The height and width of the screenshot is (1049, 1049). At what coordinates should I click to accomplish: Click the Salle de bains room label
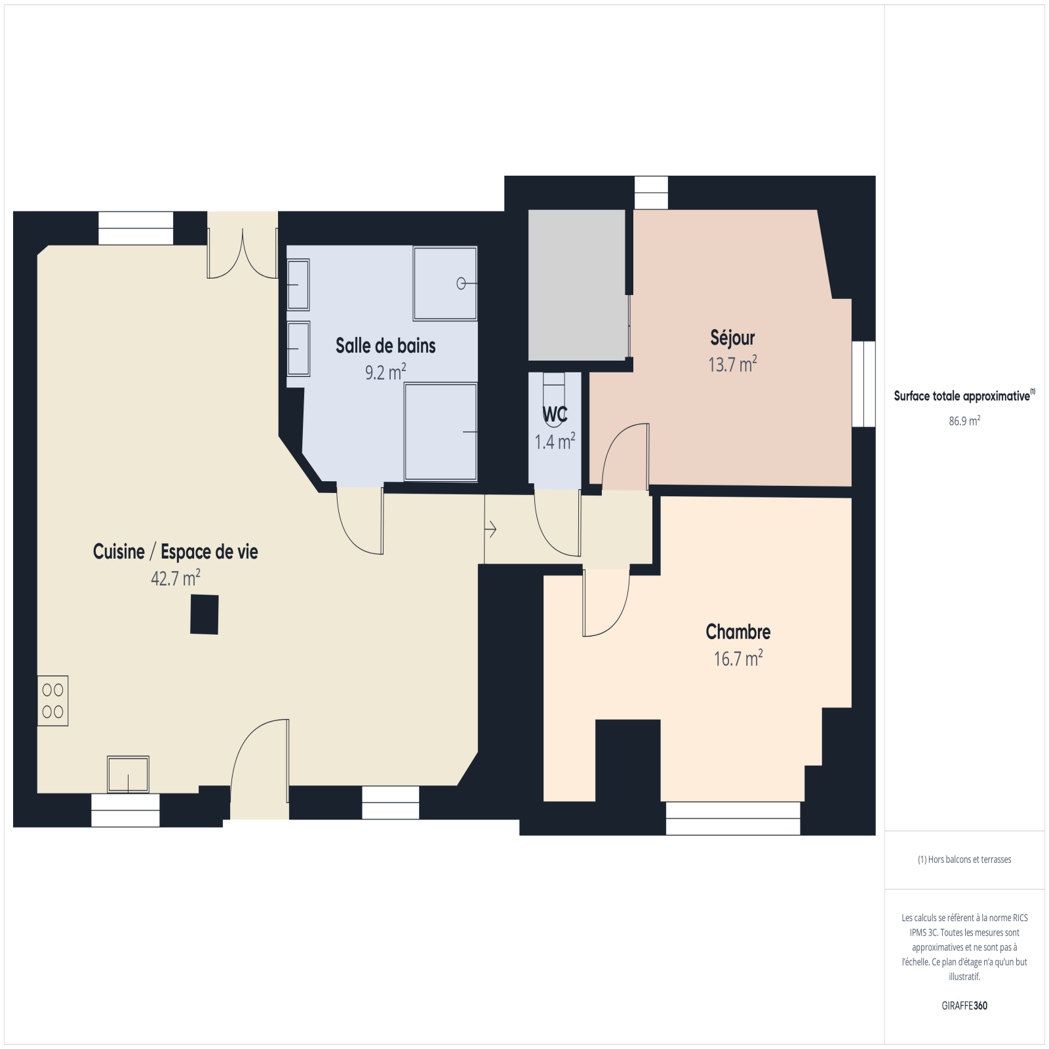click(x=386, y=346)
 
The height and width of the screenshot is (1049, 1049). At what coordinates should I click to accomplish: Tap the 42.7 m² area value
click(x=176, y=578)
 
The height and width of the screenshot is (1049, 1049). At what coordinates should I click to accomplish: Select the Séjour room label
click(x=732, y=338)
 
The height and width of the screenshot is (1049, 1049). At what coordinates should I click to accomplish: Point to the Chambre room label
click(x=738, y=631)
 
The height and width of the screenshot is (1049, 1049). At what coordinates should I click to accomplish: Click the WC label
click(x=555, y=414)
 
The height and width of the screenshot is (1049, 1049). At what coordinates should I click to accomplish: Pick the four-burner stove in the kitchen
click(x=52, y=700)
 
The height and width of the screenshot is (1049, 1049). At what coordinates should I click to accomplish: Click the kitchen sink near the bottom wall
click(x=128, y=774)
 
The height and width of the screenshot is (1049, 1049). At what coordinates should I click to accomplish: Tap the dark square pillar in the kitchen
click(x=205, y=614)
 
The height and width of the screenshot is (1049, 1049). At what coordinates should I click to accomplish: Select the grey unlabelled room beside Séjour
click(x=577, y=285)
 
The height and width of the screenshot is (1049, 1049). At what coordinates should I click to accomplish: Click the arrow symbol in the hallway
click(x=490, y=528)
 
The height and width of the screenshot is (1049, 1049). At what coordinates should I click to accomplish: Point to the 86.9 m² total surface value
click(x=964, y=421)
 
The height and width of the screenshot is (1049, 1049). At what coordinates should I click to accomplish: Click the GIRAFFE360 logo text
click(x=964, y=1006)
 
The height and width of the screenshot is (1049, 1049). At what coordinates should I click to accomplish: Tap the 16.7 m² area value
click(x=738, y=658)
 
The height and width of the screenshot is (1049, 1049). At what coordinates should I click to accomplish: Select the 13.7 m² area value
click(x=732, y=364)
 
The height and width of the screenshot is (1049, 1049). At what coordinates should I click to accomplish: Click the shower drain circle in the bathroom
click(x=461, y=283)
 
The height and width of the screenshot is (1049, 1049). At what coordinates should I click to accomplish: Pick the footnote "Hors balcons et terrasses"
click(x=964, y=860)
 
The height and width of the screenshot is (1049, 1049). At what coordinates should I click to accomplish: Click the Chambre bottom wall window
click(x=733, y=818)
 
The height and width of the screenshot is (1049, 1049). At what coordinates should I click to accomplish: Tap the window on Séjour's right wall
click(x=863, y=384)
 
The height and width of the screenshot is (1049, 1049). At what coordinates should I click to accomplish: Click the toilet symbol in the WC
click(x=554, y=393)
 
